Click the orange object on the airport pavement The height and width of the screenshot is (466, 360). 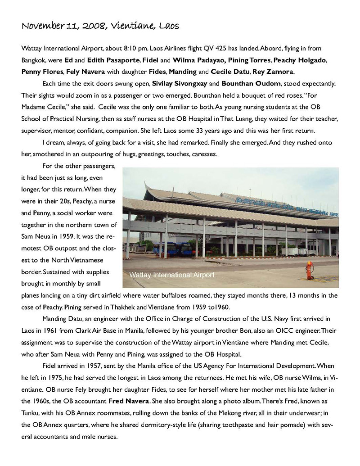309,269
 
